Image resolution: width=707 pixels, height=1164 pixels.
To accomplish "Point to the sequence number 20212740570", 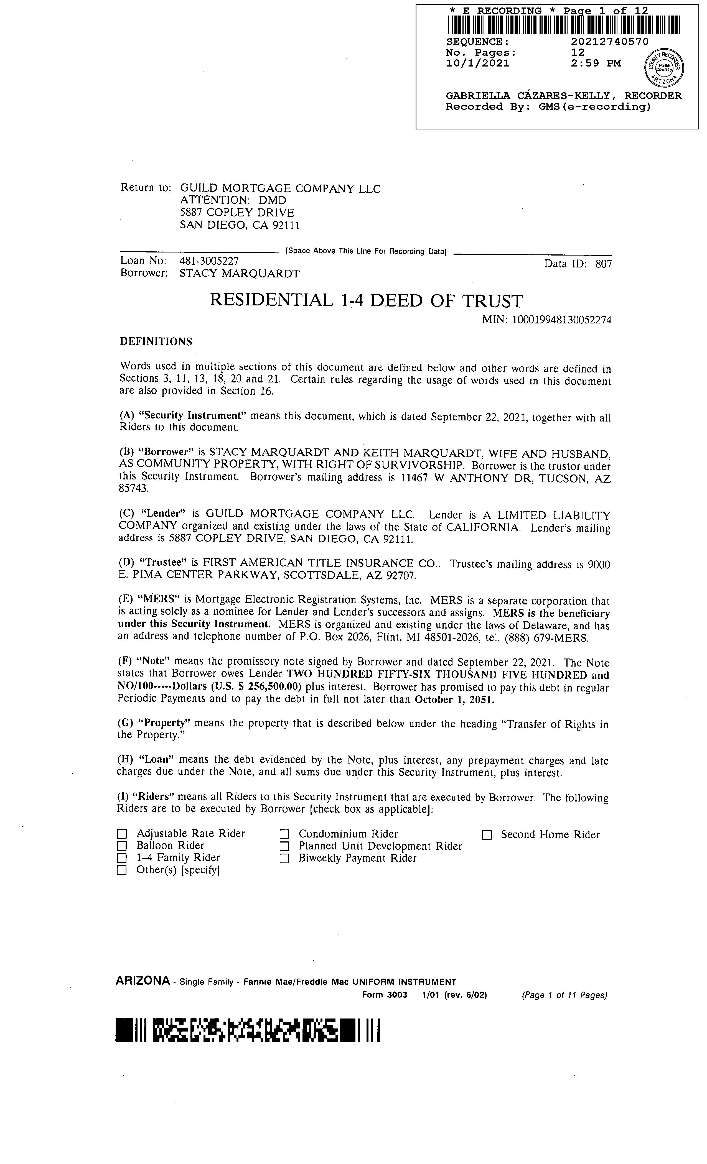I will coord(610,42).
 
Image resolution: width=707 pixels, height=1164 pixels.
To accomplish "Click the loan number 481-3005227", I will coord(209,261).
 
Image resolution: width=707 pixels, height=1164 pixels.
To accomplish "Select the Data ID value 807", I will coord(604,264).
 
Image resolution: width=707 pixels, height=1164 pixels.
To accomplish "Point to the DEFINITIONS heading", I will coord(156,341).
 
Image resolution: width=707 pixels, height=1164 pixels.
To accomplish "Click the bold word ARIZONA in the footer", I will coord(142,991).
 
